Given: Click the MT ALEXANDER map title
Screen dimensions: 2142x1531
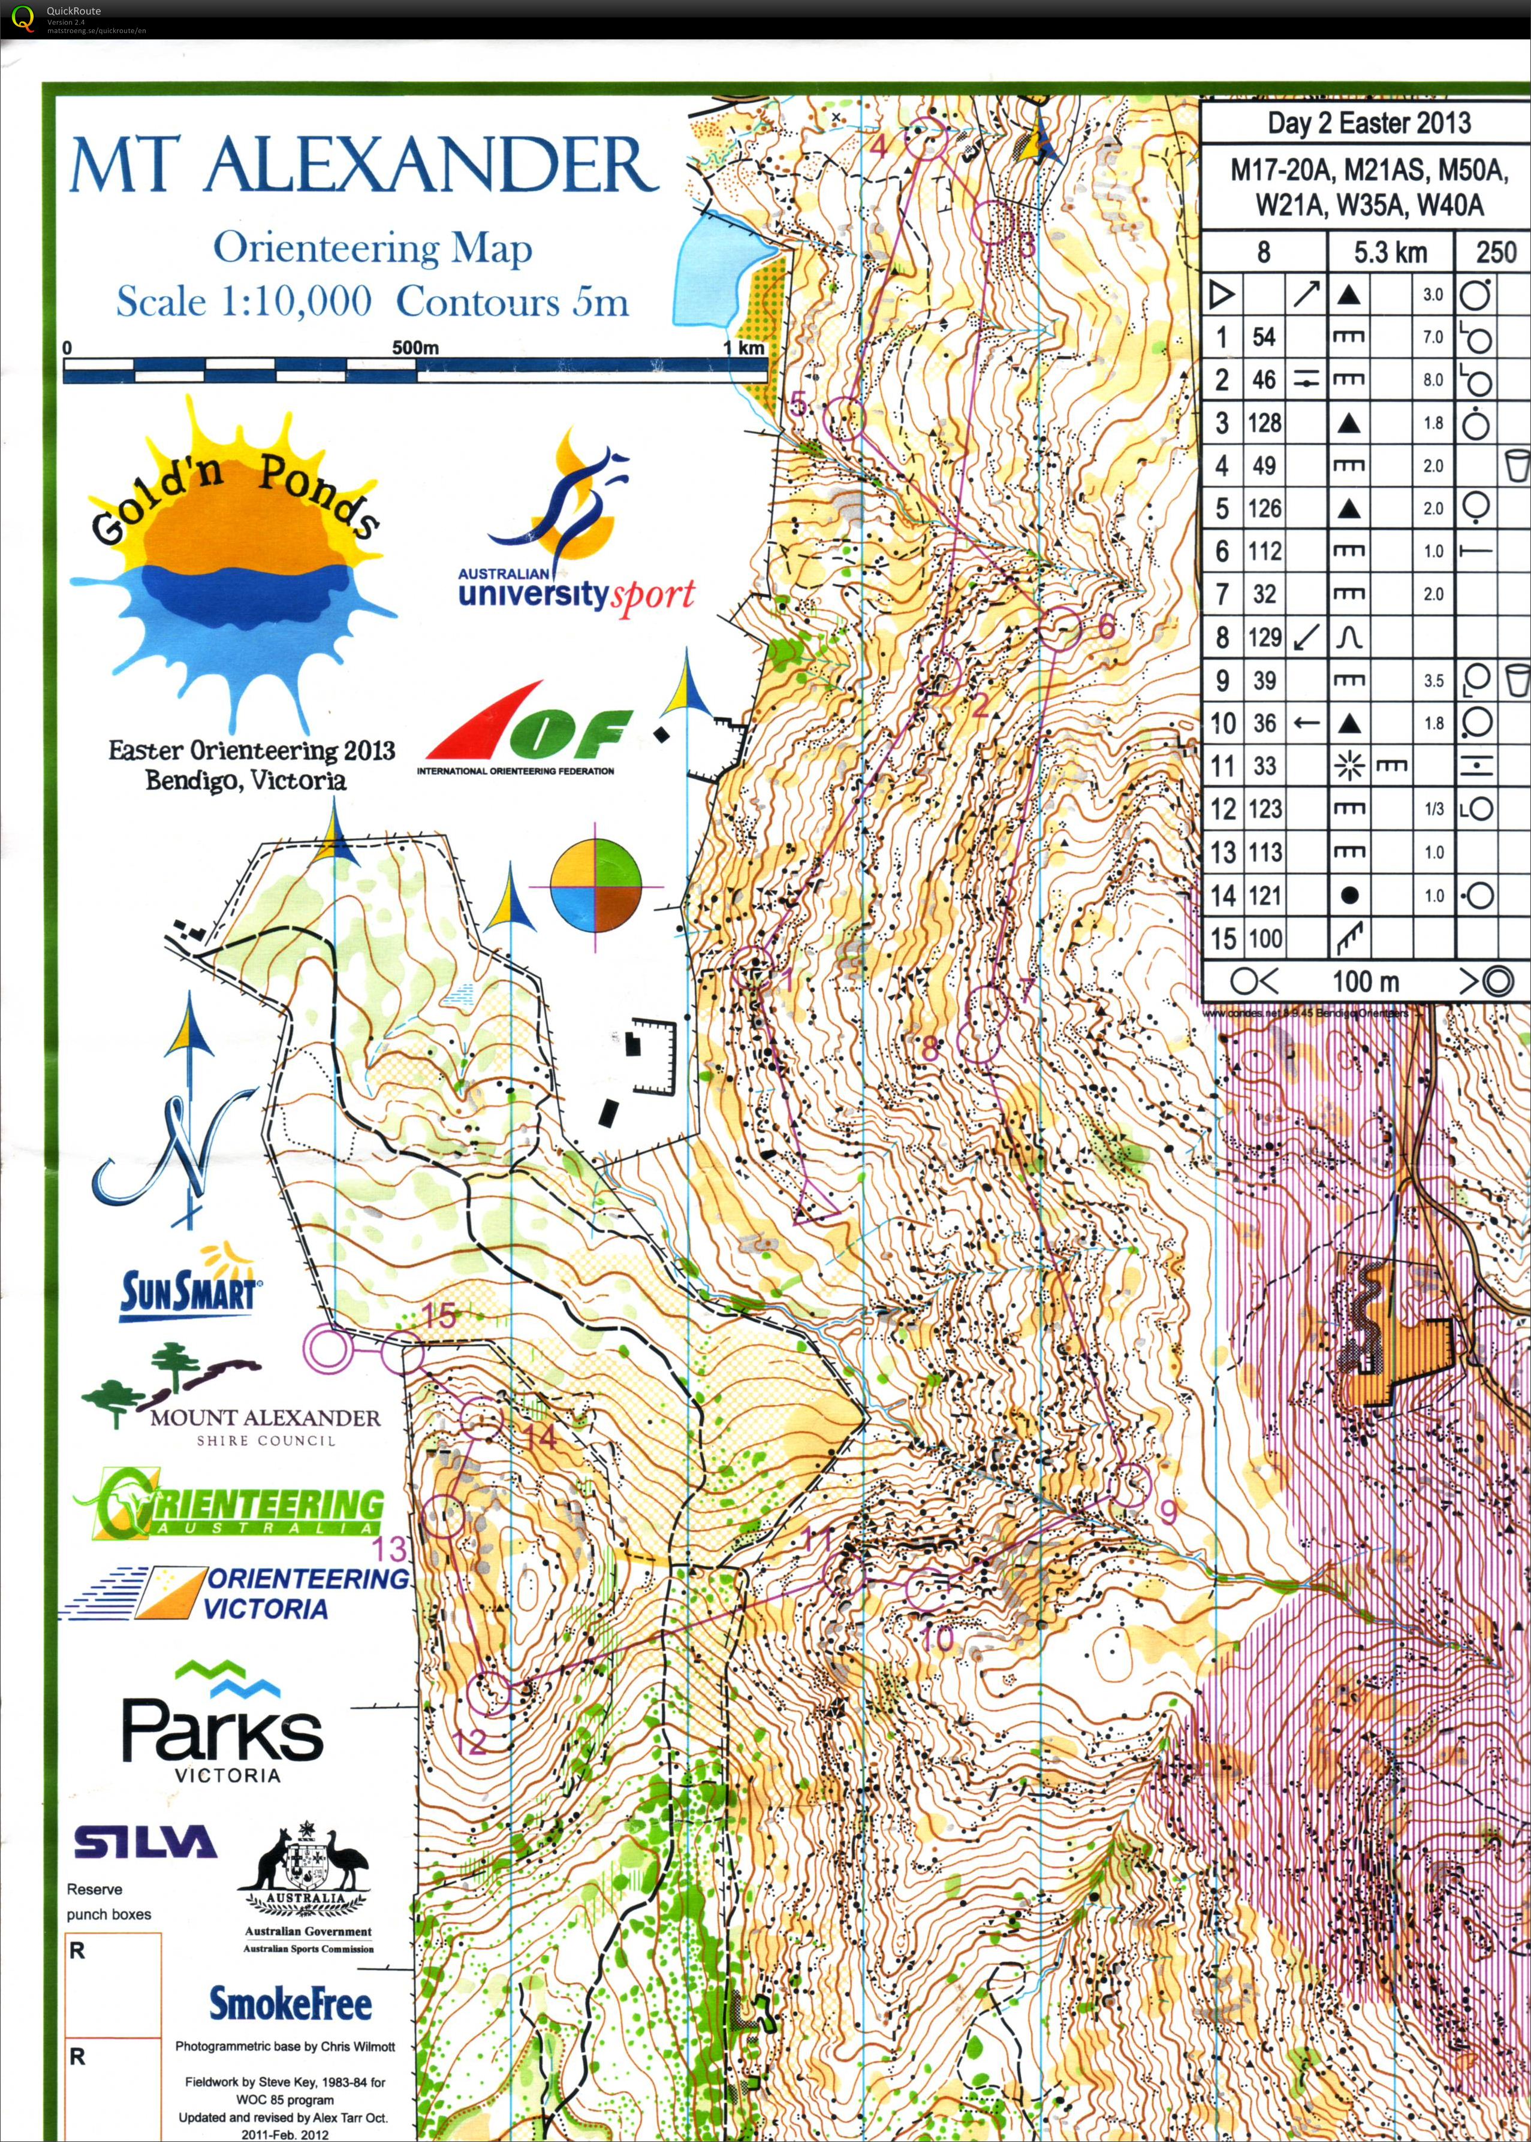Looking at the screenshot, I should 363,165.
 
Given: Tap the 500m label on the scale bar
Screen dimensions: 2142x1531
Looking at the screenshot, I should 415,348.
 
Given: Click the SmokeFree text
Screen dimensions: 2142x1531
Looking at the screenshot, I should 290,2004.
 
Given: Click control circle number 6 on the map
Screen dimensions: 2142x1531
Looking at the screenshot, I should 1060,629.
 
